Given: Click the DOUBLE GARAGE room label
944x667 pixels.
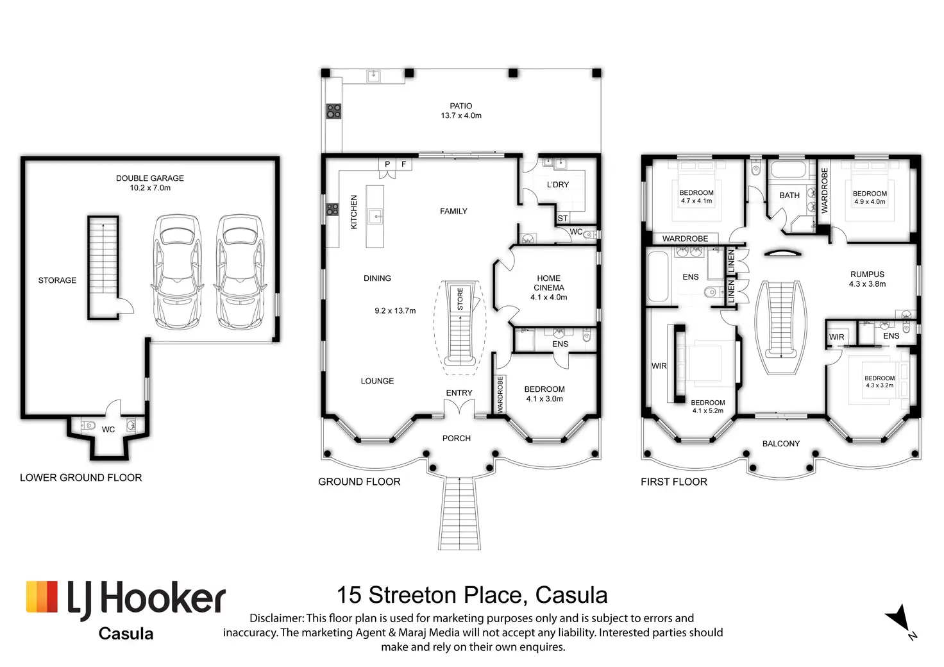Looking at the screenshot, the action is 150,183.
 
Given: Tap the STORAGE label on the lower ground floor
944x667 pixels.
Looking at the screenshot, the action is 57,280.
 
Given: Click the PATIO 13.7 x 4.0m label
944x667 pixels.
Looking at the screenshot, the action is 461,111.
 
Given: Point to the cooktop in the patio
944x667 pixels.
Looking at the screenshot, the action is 333,111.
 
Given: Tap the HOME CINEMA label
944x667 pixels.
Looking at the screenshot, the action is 549,283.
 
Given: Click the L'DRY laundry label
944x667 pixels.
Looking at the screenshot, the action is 557,185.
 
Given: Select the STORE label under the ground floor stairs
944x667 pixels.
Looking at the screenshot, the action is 460,298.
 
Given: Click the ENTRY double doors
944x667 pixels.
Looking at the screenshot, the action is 459,408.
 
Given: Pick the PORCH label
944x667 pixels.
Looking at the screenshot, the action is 457,438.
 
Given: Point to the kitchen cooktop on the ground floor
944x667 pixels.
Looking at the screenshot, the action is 332,210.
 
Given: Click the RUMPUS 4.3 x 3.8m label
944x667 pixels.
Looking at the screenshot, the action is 867,279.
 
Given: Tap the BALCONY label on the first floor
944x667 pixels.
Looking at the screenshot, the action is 781,444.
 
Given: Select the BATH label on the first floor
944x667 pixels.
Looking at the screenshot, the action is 789,196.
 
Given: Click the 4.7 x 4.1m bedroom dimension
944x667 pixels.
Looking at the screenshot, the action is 696,201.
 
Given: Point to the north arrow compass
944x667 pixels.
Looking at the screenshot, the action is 901,621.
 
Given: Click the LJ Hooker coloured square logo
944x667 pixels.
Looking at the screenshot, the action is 42,596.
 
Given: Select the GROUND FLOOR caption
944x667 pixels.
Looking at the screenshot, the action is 359,482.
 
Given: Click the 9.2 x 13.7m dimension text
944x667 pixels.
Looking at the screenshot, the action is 395,311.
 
